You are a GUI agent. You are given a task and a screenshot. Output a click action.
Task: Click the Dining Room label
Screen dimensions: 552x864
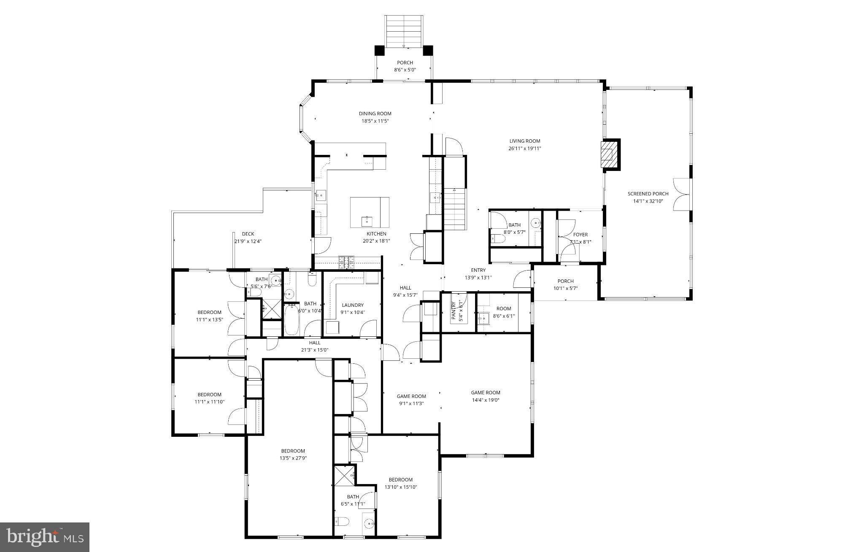pyautogui.click(x=375, y=114)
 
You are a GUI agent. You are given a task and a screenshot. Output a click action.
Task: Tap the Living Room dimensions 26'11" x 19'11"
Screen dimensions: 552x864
pyautogui.click(x=524, y=149)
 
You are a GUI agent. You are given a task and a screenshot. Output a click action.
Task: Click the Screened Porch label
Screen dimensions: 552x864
pyautogui.click(x=648, y=194)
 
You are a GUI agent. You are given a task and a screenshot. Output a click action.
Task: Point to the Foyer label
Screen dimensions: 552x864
pyautogui.click(x=580, y=235)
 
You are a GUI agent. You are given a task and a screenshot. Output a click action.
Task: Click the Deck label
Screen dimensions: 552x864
pyautogui.click(x=248, y=234)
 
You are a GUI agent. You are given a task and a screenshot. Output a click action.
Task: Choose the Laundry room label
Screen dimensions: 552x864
pyautogui.click(x=353, y=305)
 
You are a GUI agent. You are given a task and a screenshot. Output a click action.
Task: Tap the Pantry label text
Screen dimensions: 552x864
pyautogui.click(x=454, y=311)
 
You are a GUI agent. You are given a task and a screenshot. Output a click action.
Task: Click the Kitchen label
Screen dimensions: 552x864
pyautogui.click(x=376, y=234)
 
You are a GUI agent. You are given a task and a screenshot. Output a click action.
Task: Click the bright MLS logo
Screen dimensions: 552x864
pyautogui.click(x=45, y=537)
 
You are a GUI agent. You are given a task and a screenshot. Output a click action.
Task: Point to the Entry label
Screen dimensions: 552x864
pyautogui.click(x=478, y=270)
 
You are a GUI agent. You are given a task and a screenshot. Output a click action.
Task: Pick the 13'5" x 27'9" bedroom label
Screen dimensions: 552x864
pyautogui.click(x=293, y=451)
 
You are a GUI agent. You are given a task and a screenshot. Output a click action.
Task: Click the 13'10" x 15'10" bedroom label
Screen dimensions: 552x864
pyautogui.click(x=400, y=479)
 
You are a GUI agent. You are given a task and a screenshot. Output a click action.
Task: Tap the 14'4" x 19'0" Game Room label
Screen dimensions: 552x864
pyautogui.click(x=485, y=392)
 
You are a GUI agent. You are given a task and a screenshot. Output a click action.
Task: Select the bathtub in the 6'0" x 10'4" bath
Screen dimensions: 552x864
pyautogui.click(x=292, y=319)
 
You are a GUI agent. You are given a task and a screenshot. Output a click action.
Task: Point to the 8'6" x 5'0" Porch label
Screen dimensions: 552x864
pyautogui.click(x=405, y=63)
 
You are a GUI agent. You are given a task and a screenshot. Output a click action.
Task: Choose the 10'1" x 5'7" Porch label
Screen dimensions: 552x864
pyautogui.click(x=565, y=281)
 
